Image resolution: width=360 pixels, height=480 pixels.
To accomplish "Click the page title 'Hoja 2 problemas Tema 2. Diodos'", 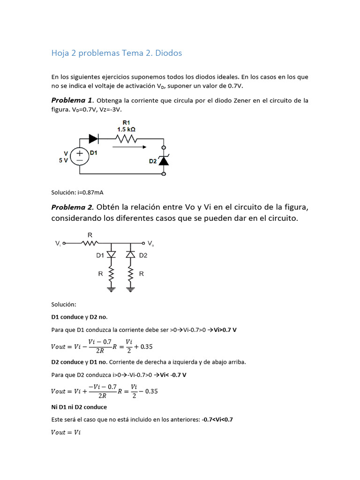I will click(116, 53).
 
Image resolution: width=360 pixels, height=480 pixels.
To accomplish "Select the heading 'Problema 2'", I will click(72, 207).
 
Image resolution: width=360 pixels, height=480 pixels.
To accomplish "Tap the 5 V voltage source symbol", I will click(80, 156).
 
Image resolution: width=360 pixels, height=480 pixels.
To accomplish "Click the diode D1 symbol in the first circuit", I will click(93, 139).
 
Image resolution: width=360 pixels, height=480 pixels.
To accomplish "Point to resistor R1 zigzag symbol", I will click(126, 139).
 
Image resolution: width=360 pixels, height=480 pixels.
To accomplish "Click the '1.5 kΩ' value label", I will click(127, 129).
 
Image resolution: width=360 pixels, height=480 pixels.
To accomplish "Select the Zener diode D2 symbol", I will click(163, 160).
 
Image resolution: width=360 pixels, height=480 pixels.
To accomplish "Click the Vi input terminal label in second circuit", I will click(58, 244).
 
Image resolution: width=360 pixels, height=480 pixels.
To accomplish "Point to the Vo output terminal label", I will click(150, 244).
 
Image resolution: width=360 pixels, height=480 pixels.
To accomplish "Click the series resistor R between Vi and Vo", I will click(90, 243).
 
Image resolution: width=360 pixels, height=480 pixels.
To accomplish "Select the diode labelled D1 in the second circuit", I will click(111, 255).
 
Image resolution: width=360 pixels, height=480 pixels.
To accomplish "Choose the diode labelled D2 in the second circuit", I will click(130, 255).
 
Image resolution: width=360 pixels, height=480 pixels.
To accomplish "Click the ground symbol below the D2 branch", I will click(130, 290).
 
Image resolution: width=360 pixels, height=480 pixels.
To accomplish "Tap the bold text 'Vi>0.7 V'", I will click(225, 330).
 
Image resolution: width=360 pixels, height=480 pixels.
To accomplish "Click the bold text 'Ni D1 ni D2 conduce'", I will click(79, 407).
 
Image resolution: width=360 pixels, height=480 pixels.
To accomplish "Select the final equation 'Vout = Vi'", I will click(66, 432).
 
